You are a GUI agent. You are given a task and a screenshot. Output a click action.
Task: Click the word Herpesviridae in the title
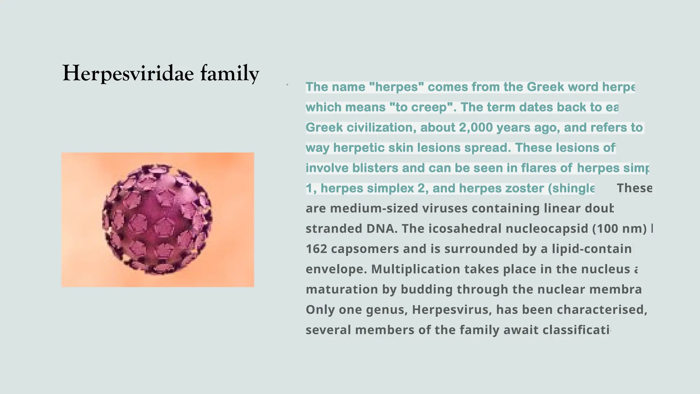pos(128,73)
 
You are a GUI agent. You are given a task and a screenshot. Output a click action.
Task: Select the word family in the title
pos(230,74)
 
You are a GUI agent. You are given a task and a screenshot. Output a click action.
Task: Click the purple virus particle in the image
pos(157,219)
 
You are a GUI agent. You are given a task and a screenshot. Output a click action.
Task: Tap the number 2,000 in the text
pos(476,128)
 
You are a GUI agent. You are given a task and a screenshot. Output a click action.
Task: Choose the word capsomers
pos(365,249)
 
